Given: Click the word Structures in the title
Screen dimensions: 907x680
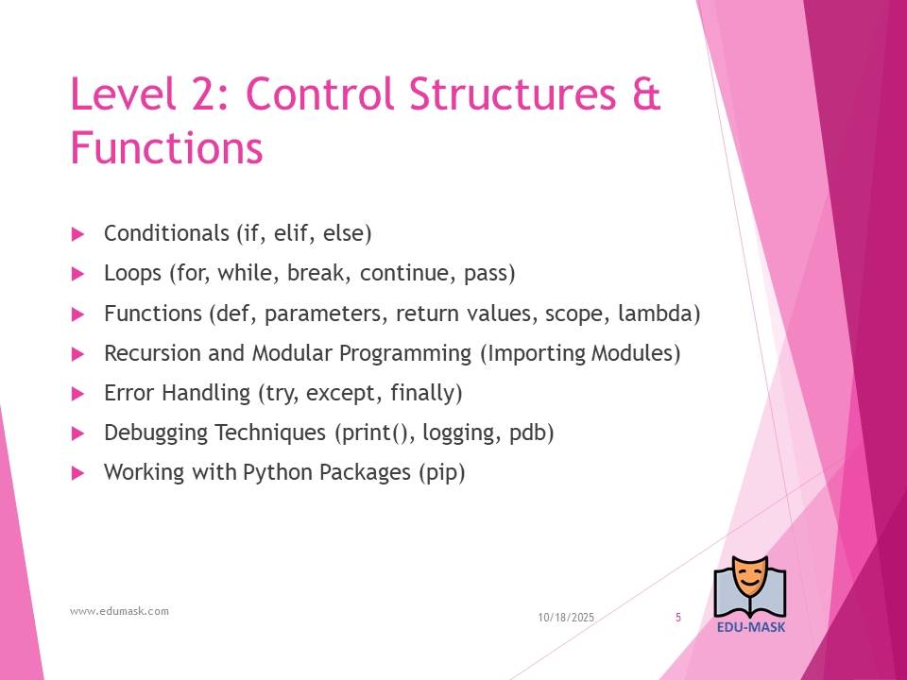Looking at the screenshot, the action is coord(512,93).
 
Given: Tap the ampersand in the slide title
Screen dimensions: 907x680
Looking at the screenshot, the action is coord(646,93).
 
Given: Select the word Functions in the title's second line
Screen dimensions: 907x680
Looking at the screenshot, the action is coord(166,147).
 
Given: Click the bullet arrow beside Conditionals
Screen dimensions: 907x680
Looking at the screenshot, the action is coord(78,234).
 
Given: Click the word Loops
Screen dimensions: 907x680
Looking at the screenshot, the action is coord(132,273).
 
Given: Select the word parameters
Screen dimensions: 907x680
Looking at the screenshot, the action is coord(322,314).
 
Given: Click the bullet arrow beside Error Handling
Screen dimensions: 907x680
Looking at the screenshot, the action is coord(78,394).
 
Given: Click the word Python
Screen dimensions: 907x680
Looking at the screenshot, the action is coord(278,472).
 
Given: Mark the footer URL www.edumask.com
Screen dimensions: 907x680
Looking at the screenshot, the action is coord(119,611).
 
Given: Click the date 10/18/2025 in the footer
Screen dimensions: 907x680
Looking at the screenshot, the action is coord(566,618).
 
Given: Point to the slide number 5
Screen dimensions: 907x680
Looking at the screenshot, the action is coord(678,618).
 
